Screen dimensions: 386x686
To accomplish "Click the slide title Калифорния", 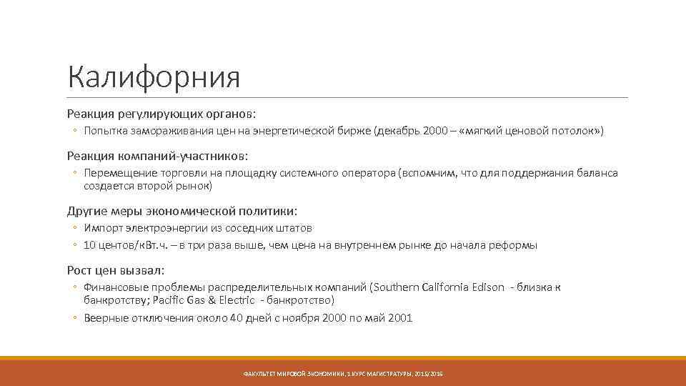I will pyautogui.click(x=153, y=77).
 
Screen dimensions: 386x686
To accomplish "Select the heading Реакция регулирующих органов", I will pyautogui.click(x=161, y=114).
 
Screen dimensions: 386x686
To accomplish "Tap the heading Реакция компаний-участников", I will pyautogui.click(x=158, y=156).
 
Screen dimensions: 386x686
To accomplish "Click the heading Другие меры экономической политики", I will pyautogui.click(x=182, y=211).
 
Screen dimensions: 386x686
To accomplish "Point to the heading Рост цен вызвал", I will pyautogui.click(x=116, y=270).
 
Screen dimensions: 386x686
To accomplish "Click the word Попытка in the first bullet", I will pyautogui.click(x=103, y=132).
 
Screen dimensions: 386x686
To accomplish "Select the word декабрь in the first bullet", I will pyautogui.click(x=397, y=132).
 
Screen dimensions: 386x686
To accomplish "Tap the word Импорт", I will pyautogui.click(x=102, y=228).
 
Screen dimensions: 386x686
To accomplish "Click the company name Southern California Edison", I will pyautogui.click(x=437, y=287).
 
